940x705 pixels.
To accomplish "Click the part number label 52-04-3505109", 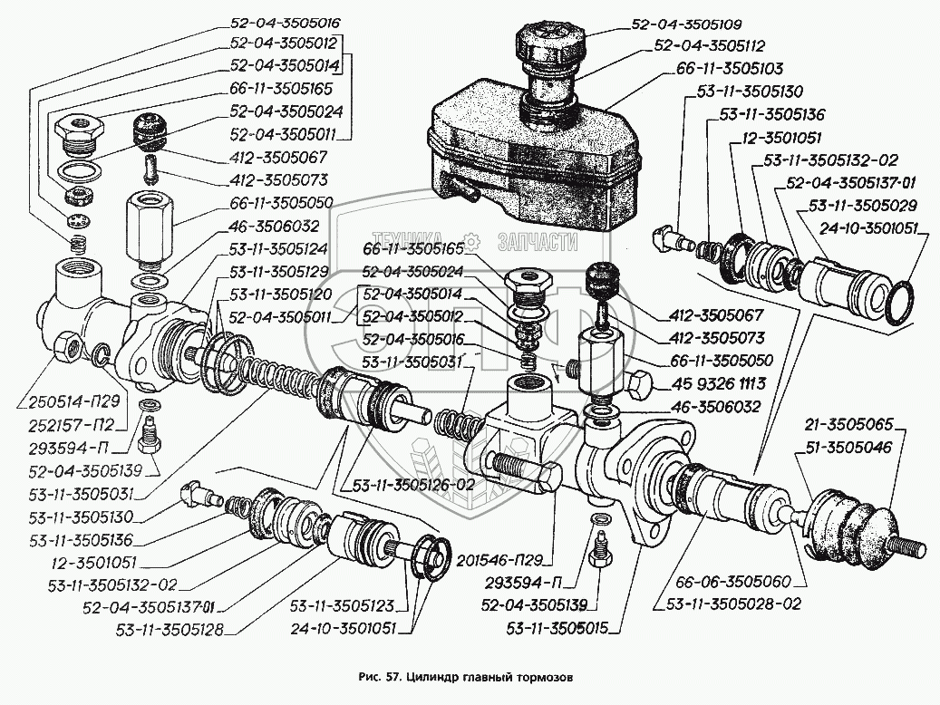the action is pyautogui.click(x=686, y=24).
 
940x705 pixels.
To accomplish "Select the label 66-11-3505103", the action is pyautogui.click(x=730, y=69).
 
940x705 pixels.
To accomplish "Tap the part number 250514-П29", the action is pyautogui.click(x=66, y=401).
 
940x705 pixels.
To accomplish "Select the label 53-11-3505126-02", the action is pyautogui.click(x=413, y=485).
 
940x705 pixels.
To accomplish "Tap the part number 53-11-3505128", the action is pyautogui.click(x=169, y=630).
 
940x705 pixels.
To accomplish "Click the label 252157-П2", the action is pyautogui.click(x=71, y=425).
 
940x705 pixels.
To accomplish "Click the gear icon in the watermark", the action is pyautogui.click(x=473, y=242).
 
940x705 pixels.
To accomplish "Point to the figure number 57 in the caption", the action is pyautogui.click(x=392, y=678).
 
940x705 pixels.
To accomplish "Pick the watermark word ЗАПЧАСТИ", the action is pyautogui.click(x=538, y=242).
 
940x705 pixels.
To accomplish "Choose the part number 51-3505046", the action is pyautogui.click(x=848, y=448).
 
